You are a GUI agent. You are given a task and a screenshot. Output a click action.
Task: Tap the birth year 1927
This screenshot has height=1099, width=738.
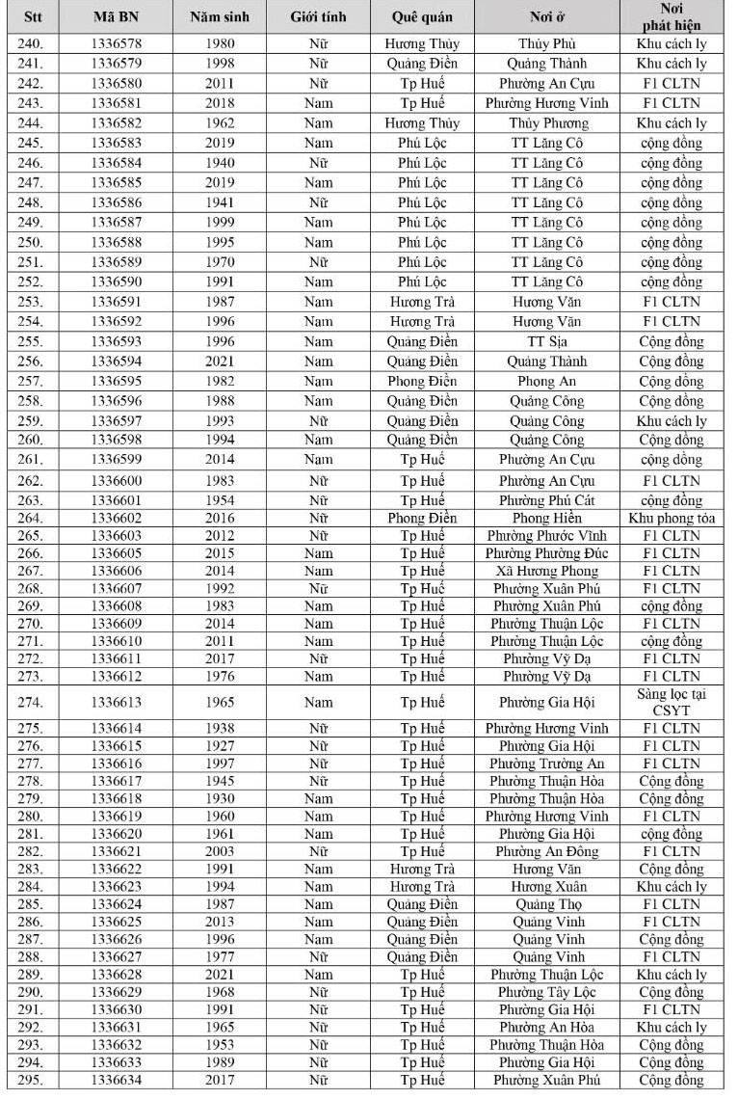coord(219,746)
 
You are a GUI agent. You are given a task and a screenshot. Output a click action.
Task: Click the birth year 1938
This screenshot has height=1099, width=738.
coord(219,729)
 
